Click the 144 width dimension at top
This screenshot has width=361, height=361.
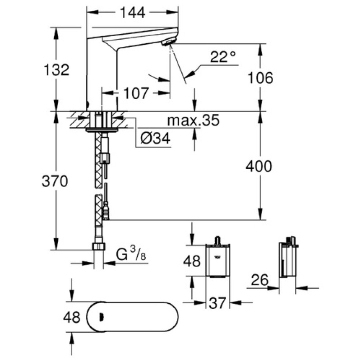[132, 13]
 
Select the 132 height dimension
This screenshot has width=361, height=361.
[56, 70]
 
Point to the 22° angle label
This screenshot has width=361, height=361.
[223, 56]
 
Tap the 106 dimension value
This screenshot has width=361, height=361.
[260, 78]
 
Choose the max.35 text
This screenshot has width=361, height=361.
[193, 120]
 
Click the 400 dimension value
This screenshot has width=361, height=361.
[259, 166]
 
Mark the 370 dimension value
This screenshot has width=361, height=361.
[55, 181]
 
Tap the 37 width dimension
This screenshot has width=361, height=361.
[218, 304]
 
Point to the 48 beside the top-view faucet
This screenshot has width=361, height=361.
[71, 317]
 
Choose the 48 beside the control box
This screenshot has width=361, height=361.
[193, 261]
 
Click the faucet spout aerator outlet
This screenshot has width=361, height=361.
[168, 42]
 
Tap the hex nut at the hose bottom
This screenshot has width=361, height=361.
[98, 246]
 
